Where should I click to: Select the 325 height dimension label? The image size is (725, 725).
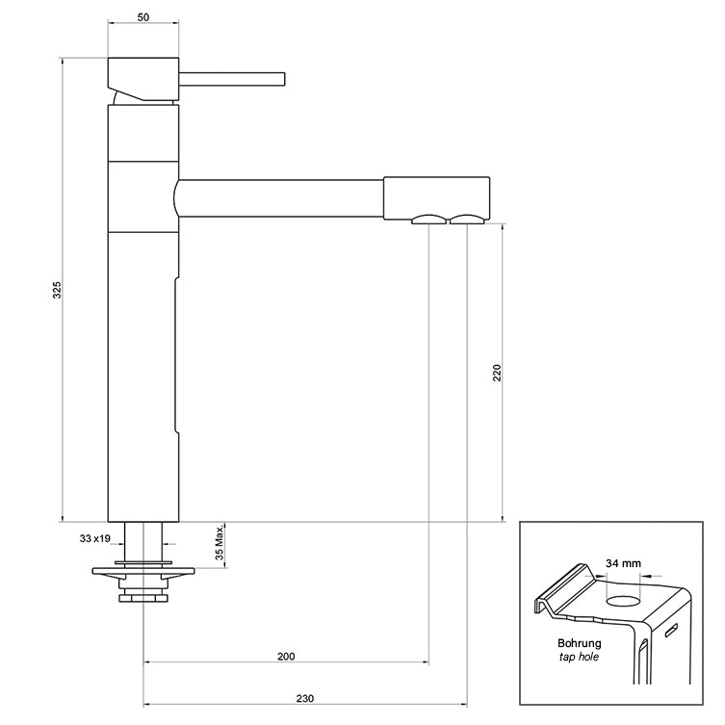pyautogui.click(x=57, y=291)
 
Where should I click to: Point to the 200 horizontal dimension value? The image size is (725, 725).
pyautogui.click(x=286, y=656)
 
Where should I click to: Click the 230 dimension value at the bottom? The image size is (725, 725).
pyautogui.click(x=304, y=698)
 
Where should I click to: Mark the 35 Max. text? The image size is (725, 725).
pyautogui.click(x=220, y=544)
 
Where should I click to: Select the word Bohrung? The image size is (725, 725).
pyautogui.click(x=580, y=642)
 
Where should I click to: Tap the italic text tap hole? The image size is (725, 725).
pyautogui.click(x=580, y=658)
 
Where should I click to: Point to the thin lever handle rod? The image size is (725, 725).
pyautogui.click(x=231, y=78)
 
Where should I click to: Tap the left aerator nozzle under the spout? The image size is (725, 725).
pyautogui.click(x=428, y=220)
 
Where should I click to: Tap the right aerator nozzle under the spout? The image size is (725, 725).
pyautogui.click(x=466, y=220)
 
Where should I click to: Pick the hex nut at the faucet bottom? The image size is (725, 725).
pyautogui.click(x=143, y=598)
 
